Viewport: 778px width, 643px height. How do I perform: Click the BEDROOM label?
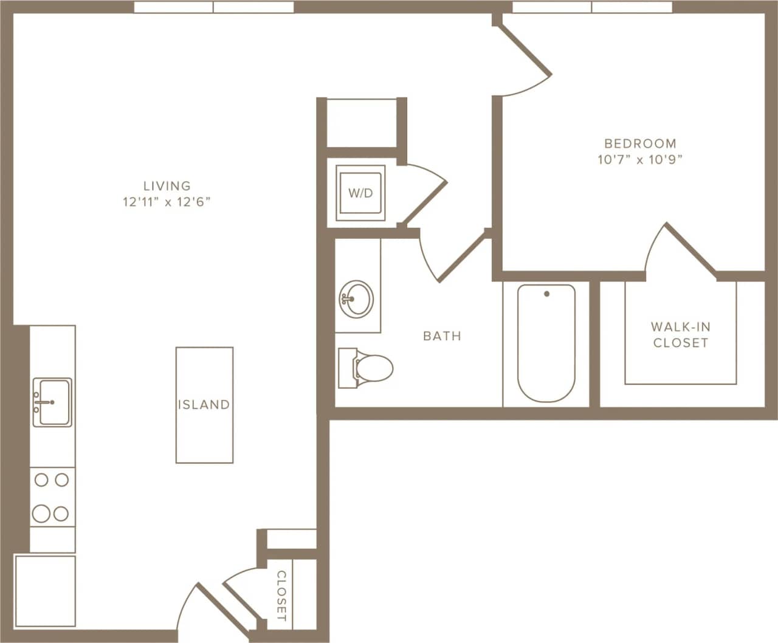(x=640, y=144)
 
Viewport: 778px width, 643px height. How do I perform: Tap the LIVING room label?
(x=167, y=186)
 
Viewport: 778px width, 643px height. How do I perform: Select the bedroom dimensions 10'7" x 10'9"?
(x=640, y=160)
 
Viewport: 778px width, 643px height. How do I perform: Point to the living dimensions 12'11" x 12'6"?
(x=167, y=202)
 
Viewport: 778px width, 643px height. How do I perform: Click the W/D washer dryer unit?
(x=360, y=193)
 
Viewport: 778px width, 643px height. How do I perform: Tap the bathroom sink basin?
(x=356, y=298)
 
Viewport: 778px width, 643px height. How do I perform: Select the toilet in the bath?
(x=367, y=367)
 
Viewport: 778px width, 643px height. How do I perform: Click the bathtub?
(x=546, y=343)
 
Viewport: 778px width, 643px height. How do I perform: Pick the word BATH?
(x=442, y=336)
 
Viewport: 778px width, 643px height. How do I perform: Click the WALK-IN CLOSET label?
(x=681, y=335)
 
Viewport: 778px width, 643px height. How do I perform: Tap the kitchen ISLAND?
(x=204, y=405)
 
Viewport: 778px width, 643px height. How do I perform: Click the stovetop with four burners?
(x=52, y=497)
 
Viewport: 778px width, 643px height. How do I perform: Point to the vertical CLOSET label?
(x=281, y=596)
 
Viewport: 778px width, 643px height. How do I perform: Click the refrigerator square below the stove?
(x=45, y=591)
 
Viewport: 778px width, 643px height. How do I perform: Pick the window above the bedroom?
(x=592, y=7)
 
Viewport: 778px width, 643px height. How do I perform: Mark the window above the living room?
(x=214, y=7)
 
